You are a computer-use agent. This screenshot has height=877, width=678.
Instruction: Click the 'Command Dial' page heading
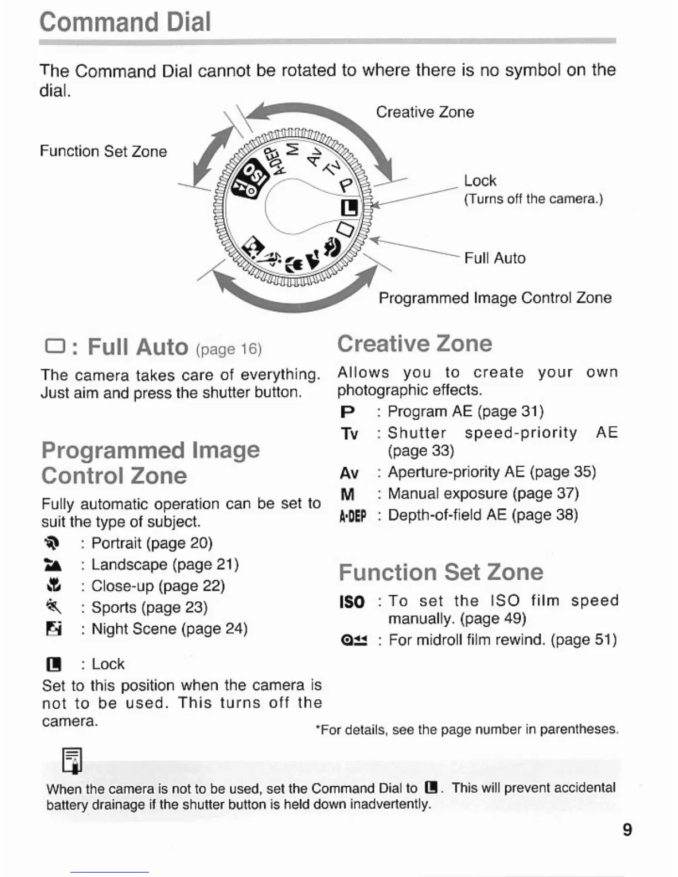tap(125, 22)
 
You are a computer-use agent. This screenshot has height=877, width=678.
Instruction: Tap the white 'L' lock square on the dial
tap(349, 208)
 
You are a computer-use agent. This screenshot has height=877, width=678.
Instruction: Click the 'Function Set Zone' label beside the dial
tap(103, 152)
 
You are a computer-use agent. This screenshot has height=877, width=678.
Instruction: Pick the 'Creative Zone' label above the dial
tap(425, 112)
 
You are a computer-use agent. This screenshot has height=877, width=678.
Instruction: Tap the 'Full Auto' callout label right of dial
tap(495, 258)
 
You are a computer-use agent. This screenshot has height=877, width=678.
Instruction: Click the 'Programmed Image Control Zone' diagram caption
tap(495, 298)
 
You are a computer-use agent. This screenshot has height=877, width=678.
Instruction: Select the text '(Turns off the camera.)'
tap(533, 199)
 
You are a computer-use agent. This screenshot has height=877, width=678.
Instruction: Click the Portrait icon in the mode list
tap(52, 544)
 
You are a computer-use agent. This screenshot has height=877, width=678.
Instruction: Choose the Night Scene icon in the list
tap(53, 630)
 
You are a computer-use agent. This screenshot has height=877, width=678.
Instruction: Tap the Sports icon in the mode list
tap(53, 608)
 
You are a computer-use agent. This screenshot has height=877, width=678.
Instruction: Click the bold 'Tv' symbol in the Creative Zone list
tap(350, 434)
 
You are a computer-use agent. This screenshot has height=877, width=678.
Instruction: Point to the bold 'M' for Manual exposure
tap(348, 494)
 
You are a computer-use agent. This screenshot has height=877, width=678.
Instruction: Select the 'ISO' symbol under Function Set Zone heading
tap(352, 602)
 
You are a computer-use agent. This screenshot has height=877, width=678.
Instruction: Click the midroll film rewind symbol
tap(354, 641)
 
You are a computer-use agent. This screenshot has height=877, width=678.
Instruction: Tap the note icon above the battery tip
tap(73, 760)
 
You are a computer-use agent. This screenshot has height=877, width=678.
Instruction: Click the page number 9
tap(627, 830)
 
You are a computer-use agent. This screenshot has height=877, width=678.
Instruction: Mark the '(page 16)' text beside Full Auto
tap(228, 349)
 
